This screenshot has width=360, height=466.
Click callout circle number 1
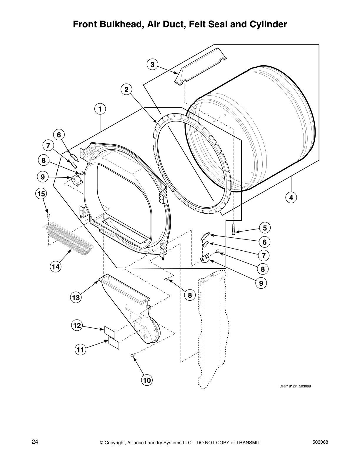pos(100,109)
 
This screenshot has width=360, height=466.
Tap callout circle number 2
pos(126,89)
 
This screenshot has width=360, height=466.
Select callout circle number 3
pos(152,64)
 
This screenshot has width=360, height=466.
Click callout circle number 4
pos(291,198)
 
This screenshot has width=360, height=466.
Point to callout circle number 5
pos(265,228)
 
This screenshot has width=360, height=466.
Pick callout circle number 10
pos(147,380)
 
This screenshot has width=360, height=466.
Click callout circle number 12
pos(77,325)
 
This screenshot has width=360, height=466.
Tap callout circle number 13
pos(76,297)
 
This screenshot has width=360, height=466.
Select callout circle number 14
pos(56,267)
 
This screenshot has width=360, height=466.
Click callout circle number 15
pos(41,194)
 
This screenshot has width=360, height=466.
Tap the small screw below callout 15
pos(48,216)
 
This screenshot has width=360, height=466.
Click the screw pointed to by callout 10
pos(133,356)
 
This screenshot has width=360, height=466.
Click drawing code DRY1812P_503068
pos(295,386)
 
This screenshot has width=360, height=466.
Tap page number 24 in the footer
pos(35,442)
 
